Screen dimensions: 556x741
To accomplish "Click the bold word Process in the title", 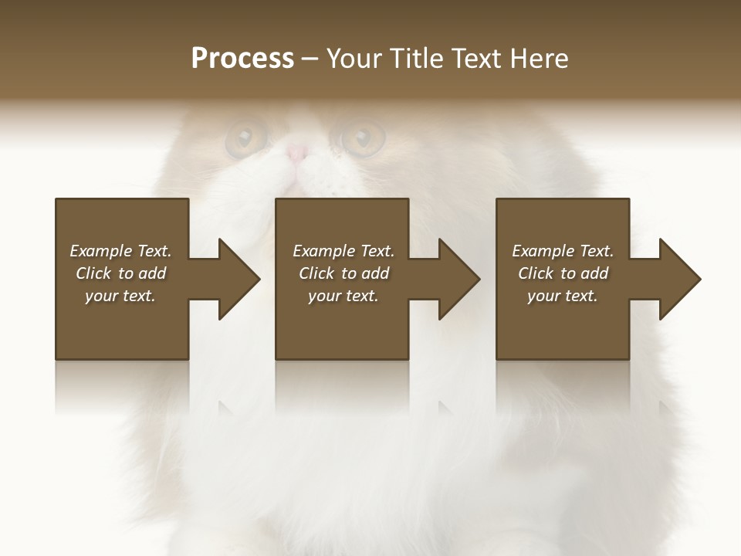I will pyautogui.click(x=242, y=59).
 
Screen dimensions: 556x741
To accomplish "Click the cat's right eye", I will pyautogui.click(x=362, y=138).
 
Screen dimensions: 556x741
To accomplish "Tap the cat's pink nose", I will pyautogui.click(x=297, y=153).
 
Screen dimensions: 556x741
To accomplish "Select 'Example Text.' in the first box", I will pyautogui.click(x=120, y=251).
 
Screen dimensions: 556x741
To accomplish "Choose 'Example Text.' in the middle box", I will pyautogui.click(x=343, y=251).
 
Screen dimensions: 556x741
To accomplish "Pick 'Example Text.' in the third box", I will pyautogui.click(x=563, y=251).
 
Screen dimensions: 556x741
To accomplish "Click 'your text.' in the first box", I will pyautogui.click(x=120, y=296).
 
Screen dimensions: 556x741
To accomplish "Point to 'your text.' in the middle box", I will pyautogui.click(x=343, y=296).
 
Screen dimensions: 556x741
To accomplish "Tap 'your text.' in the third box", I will pyautogui.click(x=563, y=296).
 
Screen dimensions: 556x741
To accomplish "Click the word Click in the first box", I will pyautogui.click(x=93, y=273).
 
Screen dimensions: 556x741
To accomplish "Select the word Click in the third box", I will pyautogui.click(x=536, y=273).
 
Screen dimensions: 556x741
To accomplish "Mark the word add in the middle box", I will pyautogui.click(x=375, y=273).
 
